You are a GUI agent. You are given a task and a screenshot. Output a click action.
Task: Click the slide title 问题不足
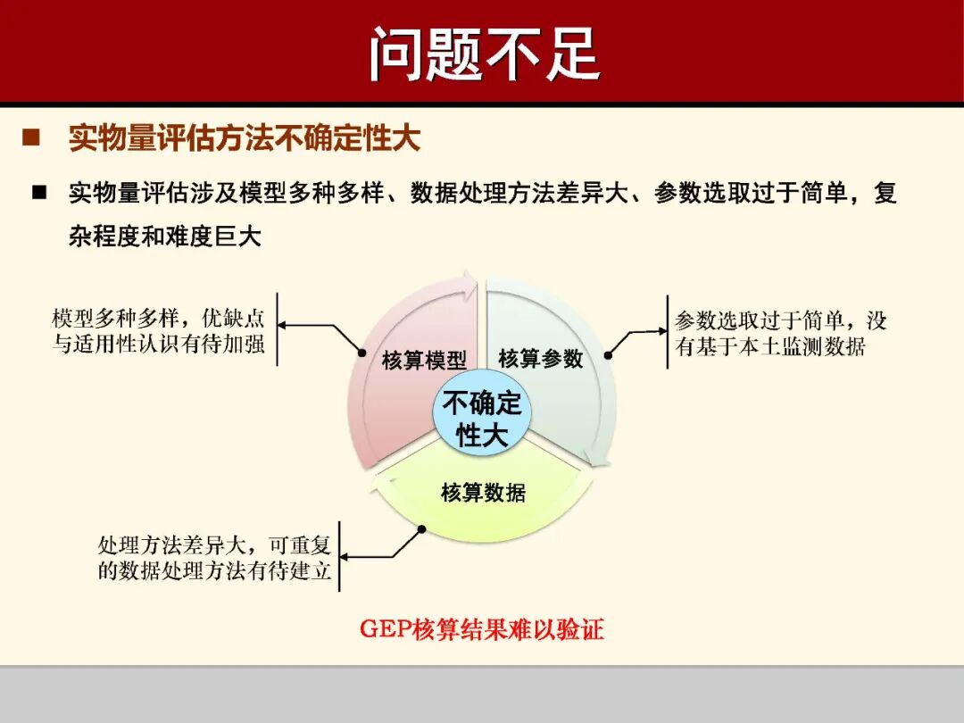(483, 54)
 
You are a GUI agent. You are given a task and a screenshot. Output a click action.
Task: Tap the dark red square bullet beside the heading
(31, 138)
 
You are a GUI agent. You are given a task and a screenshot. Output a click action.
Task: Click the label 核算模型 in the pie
(424, 361)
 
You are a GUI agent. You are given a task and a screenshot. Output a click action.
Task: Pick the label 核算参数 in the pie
(540, 359)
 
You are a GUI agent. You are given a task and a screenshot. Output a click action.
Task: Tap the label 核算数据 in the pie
(483, 492)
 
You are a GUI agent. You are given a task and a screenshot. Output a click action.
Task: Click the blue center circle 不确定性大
(482, 419)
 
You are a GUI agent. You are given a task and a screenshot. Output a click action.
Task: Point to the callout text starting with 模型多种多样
(159, 331)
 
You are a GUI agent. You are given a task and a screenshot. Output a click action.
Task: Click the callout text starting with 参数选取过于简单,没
(780, 334)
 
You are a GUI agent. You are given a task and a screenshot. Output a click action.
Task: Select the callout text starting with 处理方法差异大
(214, 558)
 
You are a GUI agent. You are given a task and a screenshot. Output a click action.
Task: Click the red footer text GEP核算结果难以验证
(482, 629)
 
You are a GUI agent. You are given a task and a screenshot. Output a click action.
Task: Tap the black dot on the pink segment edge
(361, 352)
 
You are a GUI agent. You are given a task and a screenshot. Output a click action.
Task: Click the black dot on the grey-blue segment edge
(608, 354)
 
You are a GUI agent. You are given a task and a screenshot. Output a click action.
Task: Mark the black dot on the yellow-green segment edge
(421, 529)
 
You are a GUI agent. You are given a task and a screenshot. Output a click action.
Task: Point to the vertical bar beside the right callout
(667, 332)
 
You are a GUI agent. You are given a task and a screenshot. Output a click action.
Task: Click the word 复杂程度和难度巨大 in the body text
(165, 237)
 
